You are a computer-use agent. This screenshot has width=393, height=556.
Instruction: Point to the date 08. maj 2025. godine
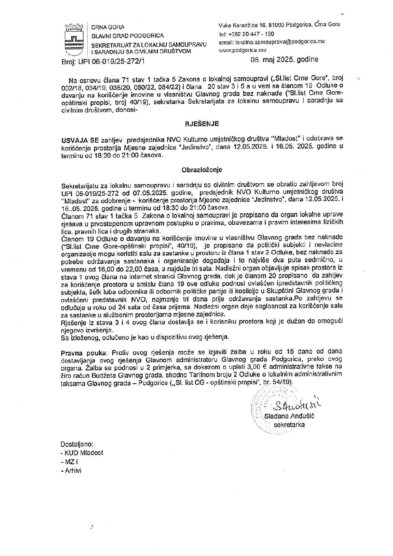[285, 59]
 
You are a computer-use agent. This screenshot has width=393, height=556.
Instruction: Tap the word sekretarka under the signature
[289, 424]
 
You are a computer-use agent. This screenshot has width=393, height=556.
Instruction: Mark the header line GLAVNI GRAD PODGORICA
[128, 36]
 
